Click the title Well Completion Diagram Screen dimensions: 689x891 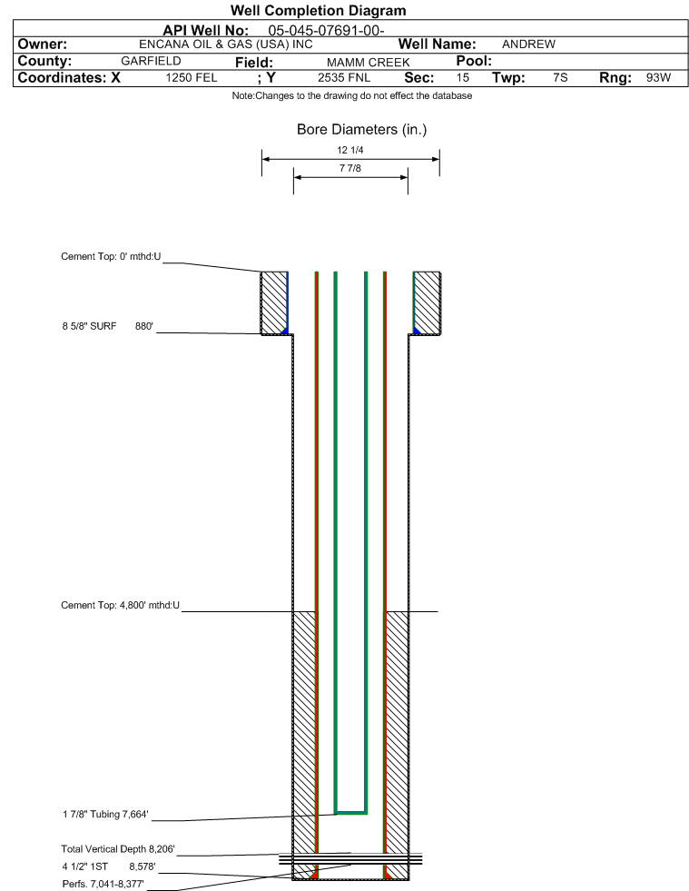318,10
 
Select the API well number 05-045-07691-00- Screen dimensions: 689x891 326,30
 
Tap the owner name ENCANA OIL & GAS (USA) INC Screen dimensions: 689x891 225,45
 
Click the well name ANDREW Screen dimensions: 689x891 528,45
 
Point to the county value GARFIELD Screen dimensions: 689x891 151,61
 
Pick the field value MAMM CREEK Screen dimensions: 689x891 368,62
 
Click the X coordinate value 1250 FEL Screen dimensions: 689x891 192,78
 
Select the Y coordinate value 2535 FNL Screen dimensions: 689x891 344,78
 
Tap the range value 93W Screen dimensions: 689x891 658,78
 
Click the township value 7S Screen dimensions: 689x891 560,78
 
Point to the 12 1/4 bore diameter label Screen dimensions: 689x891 349,150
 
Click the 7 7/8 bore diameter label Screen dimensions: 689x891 349,168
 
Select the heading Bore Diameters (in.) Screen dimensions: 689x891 362,130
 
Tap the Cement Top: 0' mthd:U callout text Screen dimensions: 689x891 111,256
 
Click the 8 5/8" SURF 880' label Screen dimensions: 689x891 108,326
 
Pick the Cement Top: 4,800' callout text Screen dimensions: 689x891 121,605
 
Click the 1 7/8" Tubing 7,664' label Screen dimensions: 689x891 105,815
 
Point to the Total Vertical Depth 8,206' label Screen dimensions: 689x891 118,849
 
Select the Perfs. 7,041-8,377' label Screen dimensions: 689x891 103,884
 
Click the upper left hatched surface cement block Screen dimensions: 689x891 274,302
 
